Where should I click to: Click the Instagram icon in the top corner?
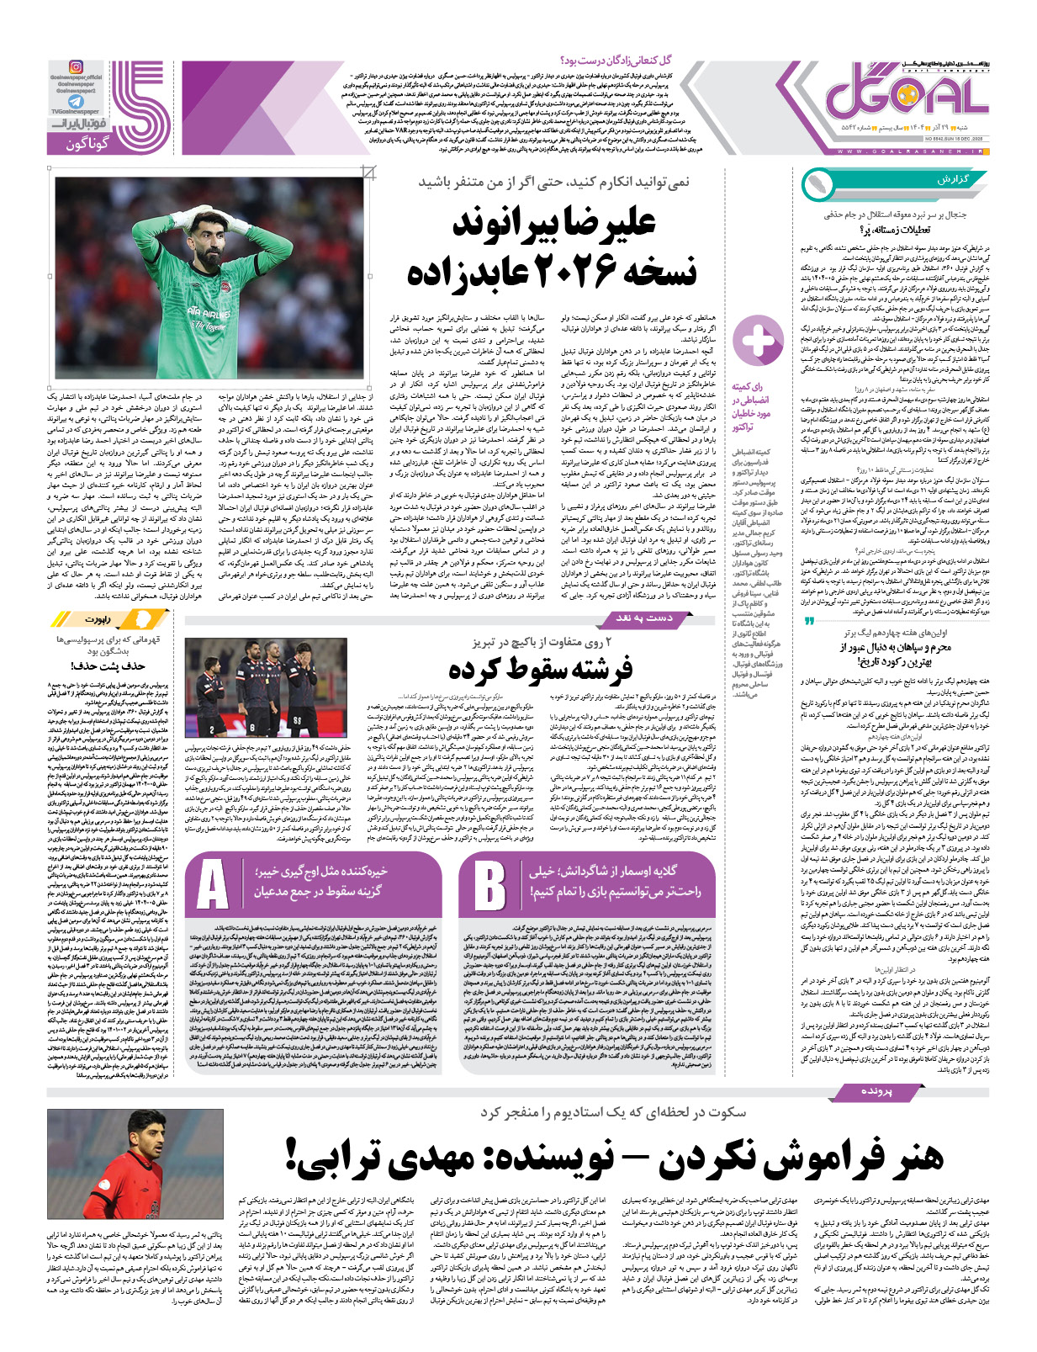76,67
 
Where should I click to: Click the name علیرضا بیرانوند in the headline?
554,223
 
